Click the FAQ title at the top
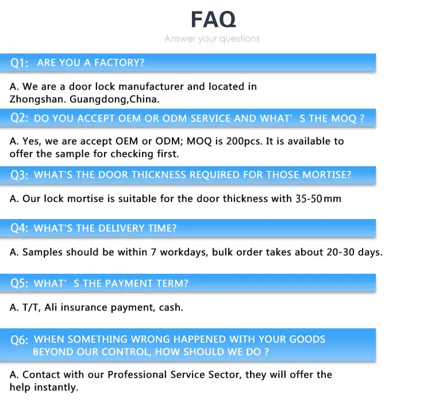[213, 20]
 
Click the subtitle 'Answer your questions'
[212, 39]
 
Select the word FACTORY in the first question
[118, 63]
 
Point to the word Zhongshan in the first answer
[37, 99]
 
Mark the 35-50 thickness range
[308, 199]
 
